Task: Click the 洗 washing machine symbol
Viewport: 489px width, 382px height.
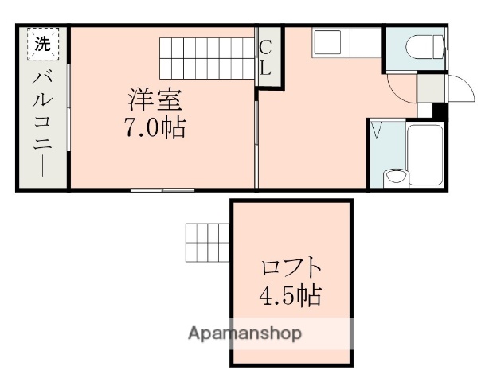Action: [x=43, y=45]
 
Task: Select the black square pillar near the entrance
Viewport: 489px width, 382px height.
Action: [x=437, y=110]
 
